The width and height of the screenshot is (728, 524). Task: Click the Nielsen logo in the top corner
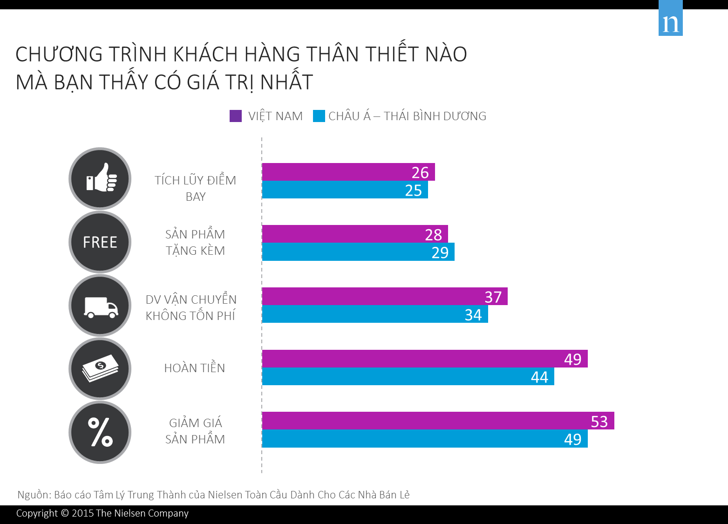point(670,19)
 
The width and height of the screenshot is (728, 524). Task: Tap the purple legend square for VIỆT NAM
point(236,116)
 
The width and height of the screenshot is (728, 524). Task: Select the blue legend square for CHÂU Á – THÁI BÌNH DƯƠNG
point(319,116)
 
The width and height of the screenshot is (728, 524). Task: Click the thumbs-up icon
point(100,178)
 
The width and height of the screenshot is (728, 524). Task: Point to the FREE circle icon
point(100,242)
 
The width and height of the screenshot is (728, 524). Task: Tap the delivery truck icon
point(100,306)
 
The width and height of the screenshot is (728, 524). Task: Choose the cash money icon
point(100,369)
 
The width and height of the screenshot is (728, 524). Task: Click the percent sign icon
point(100,432)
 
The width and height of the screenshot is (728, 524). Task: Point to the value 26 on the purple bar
point(420,173)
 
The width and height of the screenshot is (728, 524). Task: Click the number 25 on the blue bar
point(413,191)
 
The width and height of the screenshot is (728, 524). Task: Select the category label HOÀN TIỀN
point(195,368)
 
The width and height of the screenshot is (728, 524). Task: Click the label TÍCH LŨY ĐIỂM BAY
point(195,188)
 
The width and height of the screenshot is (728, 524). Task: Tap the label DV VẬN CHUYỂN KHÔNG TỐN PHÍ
point(191,307)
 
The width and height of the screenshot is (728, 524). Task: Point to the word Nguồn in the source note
point(33,495)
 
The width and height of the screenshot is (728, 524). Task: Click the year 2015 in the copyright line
point(82,513)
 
